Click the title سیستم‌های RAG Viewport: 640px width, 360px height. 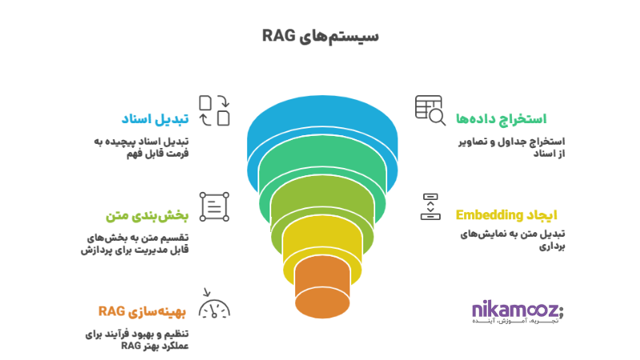[320, 36]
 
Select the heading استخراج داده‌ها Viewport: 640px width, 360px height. [501, 118]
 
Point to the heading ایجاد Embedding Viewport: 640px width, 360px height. [506, 214]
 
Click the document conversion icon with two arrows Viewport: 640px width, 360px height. [214, 110]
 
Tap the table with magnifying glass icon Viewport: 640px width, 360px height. [430, 110]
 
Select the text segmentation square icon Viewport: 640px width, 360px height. [214, 206]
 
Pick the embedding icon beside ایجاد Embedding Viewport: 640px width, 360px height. [430, 206]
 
